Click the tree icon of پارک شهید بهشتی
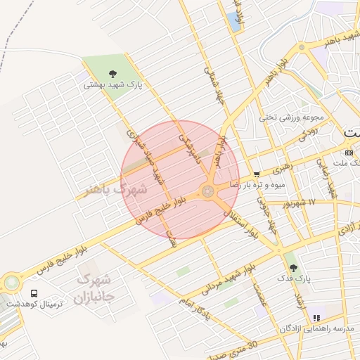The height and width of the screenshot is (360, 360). point(112,73)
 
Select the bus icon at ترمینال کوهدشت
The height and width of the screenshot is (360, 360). point(34,292)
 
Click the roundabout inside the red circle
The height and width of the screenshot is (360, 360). point(208,191)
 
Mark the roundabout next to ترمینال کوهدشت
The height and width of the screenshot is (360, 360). point(11,283)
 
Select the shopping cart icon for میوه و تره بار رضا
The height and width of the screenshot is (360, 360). point(257,174)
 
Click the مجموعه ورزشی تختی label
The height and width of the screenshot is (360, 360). point(291,117)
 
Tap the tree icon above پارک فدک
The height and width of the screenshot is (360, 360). point(293,267)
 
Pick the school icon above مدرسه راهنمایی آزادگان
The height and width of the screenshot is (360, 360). point(316,318)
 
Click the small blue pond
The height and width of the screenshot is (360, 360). point(233,22)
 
